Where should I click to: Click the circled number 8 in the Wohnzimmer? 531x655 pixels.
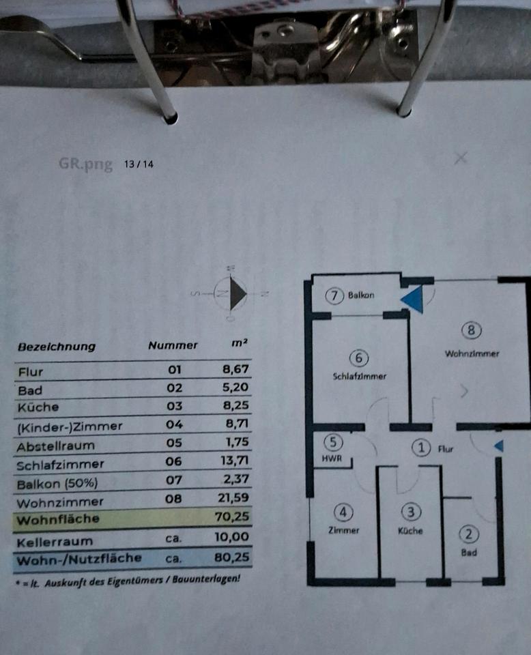click(x=472, y=331)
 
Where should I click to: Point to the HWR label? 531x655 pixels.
click(x=331, y=459)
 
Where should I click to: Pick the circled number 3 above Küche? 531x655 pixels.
click(x=410, y=511)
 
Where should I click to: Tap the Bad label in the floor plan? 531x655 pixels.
click(x=469, y=553)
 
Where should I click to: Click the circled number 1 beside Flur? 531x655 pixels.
click(x=422, y=448)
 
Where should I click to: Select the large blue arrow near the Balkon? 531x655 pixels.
click(x=414, y=298)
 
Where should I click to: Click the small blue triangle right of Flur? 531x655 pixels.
click(x=499, y=446)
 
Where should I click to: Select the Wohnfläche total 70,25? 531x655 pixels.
click(x=231, y=518)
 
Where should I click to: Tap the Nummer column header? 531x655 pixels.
click(x=173, y=346)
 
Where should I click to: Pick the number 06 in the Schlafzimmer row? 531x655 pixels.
click(x=174, y=462)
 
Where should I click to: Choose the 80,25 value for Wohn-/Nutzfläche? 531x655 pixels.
click(x=232, y=557)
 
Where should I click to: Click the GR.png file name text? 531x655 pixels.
click(x=85, y=164)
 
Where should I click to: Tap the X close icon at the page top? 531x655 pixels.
click(x=461, y=158)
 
